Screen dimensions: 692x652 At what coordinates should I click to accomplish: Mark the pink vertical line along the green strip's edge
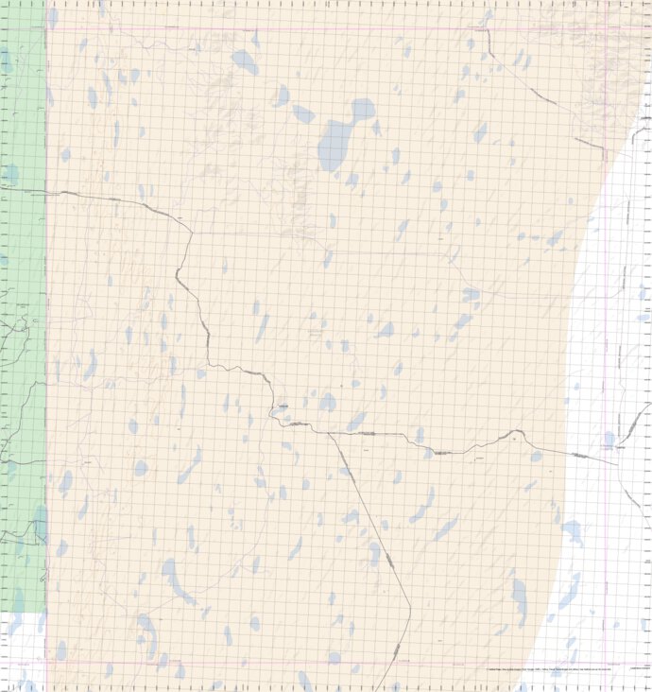point(46,284)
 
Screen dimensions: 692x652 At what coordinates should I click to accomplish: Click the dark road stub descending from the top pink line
point(489,43)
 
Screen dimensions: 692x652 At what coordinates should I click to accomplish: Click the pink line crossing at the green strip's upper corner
point(46,27)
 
